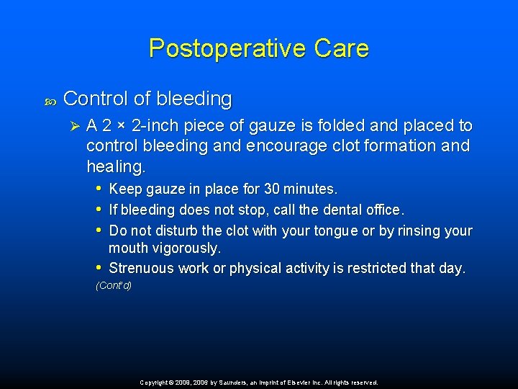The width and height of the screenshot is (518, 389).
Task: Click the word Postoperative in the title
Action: point(227,48)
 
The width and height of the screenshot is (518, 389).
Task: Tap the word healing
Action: point(115,167)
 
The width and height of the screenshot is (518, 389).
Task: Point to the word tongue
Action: point(337,231)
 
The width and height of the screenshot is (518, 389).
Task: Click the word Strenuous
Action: point(142,269)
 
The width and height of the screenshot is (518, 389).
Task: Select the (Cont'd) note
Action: point(114,286)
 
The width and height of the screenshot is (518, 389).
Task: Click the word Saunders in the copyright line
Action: point(223,383)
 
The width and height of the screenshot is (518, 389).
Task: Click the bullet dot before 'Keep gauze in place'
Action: point(99,189)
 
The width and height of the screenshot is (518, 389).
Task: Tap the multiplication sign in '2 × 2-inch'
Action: point(123,127)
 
